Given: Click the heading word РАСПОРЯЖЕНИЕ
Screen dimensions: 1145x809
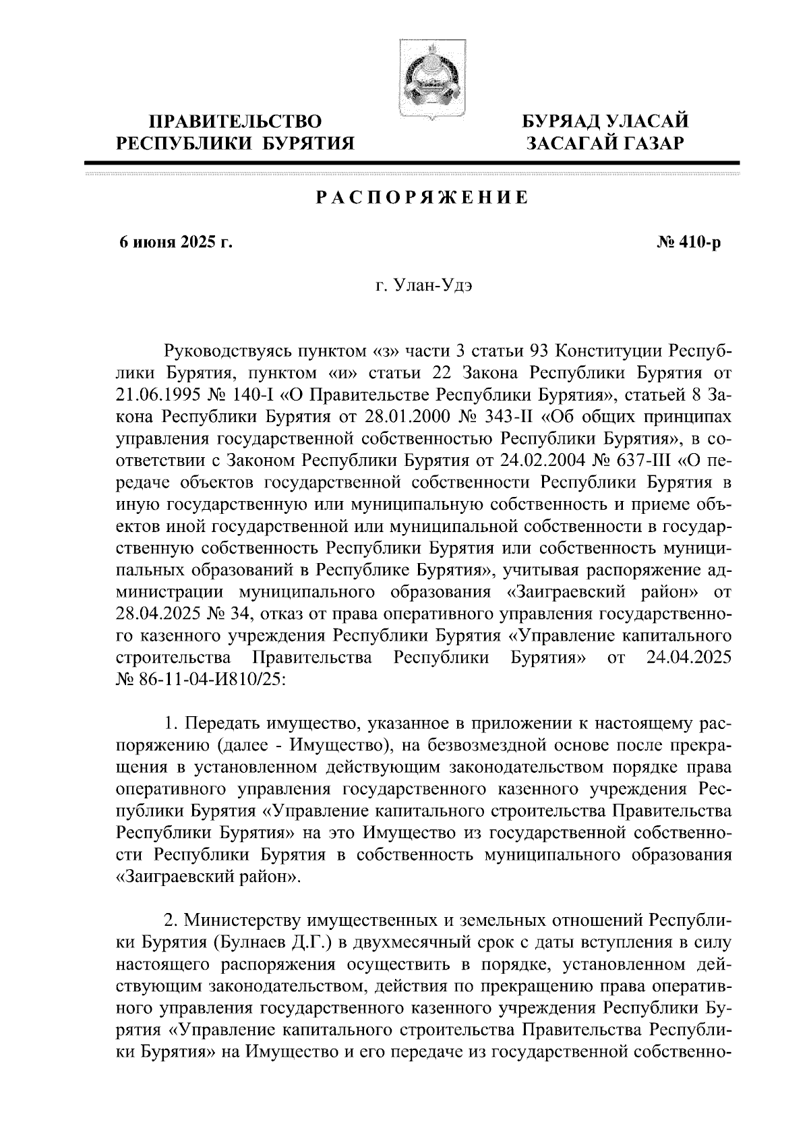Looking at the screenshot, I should (x=422, y=198).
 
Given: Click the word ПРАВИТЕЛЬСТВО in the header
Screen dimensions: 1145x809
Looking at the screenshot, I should (x=235, y=121).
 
